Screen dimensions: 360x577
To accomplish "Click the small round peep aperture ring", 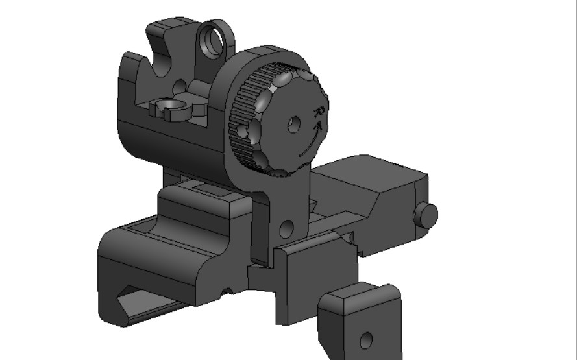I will tap(213, 40).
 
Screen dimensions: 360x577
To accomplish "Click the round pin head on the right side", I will tap(426, 215).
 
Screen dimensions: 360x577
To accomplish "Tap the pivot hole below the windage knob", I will tap(286, 228).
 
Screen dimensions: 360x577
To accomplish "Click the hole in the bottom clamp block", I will tap(367, 339).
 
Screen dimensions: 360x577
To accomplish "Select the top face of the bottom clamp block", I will tap(361, 297).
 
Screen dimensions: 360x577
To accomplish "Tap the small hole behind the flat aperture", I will tap(180, 85).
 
